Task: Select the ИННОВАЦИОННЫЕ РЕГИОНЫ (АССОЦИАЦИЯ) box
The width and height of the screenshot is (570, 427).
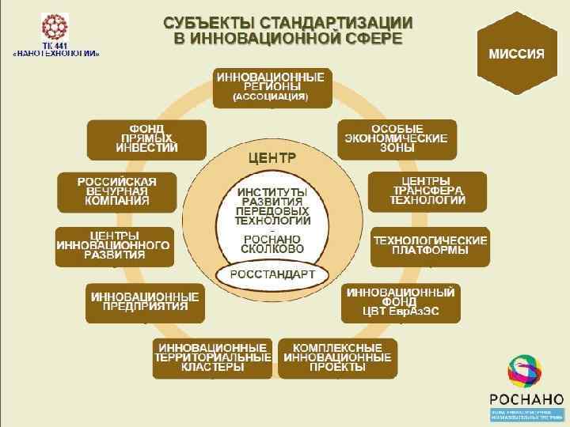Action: pyautogui.click(x=271, y=88)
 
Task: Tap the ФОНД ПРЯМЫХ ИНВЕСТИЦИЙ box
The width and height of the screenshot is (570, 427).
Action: pyautogui.click(x=146, y=139)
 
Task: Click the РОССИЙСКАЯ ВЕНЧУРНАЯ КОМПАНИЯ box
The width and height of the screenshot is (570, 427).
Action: pyautogui.click(x=117, y=192)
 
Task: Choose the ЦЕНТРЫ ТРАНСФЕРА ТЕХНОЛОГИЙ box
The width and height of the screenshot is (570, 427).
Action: pyautogui.click(x=427, y=191)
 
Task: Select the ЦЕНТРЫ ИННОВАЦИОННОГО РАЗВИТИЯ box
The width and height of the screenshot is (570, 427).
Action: pyautogui.click(x=113, y=246)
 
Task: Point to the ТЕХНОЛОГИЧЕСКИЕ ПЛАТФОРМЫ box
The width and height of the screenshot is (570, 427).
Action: pyautogui.click(x=431, y=246)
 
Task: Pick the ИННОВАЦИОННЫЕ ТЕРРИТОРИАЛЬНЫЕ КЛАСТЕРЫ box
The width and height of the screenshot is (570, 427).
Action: pyautogui.click(x=213, y=357)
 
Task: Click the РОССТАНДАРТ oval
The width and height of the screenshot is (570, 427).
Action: pyautogui.click(x=272, y=274)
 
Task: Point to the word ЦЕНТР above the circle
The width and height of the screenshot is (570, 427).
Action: pyautogui.click(x=272, y=158)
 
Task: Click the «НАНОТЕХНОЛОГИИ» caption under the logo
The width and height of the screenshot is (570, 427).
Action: pyautogui.click(x=55, y=54)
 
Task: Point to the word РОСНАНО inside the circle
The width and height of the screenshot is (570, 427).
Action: pyautogui.click(x=272, y=239)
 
